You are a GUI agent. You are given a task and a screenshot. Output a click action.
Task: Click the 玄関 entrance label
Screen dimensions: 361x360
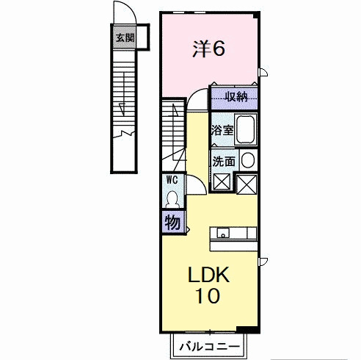point(125,38)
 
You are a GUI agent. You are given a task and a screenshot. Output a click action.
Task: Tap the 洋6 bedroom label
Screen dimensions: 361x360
point(208,48)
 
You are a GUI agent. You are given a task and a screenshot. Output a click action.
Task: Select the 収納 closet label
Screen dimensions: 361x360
point(236,97)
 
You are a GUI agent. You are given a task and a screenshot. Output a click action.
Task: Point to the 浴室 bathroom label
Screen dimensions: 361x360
point(222,130)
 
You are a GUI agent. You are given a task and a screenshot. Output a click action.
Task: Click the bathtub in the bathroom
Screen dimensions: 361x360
point(246,129)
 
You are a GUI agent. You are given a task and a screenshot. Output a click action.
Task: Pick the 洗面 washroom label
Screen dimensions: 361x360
point(224,162)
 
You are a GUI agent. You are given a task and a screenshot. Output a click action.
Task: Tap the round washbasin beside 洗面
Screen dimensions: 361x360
point(248,160)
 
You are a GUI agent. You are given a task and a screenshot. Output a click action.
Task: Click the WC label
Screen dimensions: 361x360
point(172,180)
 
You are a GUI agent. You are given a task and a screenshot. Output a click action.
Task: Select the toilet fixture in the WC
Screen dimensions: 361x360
point(172,199)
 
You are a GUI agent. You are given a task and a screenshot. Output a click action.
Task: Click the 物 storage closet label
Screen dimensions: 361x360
point(172,223)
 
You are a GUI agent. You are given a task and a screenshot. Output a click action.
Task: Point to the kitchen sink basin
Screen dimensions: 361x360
point(223,233)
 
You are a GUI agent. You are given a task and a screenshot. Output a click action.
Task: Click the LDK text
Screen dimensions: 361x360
point(208,275)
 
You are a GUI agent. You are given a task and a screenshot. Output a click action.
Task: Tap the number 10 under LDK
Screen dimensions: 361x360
point(208,295)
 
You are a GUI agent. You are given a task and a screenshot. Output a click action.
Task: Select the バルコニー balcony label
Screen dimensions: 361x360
point(209,347)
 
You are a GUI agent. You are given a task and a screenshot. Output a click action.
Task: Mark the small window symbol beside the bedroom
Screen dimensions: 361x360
point(263,72)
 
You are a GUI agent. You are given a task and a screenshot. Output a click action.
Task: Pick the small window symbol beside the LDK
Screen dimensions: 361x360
point(263,262)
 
